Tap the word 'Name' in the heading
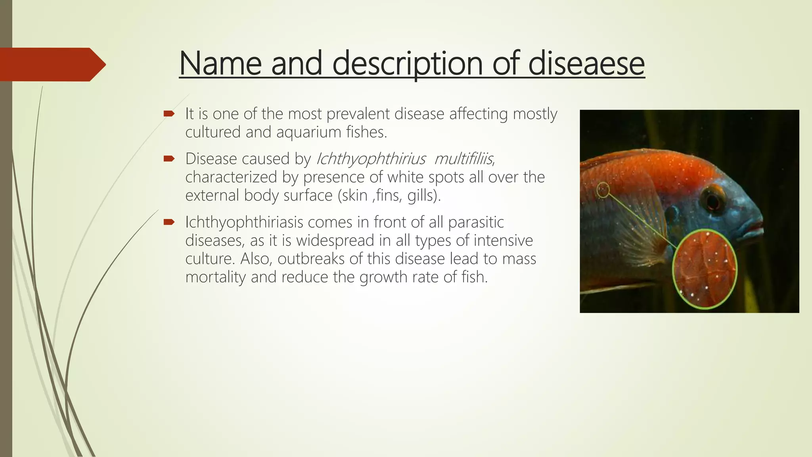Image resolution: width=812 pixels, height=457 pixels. [220, 63]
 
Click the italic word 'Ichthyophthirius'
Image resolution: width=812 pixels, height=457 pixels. [371, 159]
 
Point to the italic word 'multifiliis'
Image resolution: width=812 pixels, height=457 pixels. [463, 159]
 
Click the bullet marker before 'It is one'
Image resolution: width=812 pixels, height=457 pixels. [169, 114]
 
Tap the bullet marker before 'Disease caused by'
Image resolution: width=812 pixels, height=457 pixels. [169, 159]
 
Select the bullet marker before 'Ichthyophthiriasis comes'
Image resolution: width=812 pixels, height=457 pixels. [169, 222]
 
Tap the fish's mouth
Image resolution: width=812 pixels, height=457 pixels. [755, 229]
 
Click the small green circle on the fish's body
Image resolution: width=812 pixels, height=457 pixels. [603, 190]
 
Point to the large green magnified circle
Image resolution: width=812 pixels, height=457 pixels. [705, 269]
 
